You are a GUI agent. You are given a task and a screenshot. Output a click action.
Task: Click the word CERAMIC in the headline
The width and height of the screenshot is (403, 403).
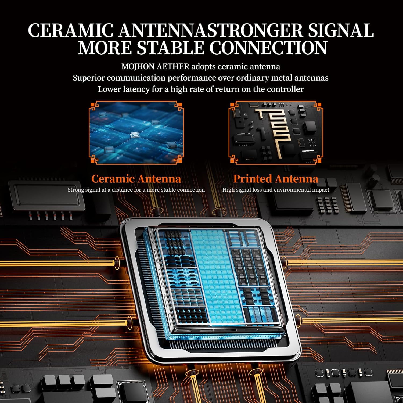71,30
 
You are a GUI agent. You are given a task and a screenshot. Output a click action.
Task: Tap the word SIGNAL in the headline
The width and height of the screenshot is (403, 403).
341,30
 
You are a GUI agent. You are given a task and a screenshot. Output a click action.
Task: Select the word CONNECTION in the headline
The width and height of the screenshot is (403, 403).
268,48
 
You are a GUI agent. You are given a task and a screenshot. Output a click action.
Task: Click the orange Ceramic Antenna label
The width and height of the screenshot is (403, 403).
136,179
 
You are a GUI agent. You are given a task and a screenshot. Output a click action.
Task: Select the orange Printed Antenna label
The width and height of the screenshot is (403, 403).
276,179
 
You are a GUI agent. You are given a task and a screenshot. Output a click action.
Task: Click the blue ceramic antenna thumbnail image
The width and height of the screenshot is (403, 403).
136,133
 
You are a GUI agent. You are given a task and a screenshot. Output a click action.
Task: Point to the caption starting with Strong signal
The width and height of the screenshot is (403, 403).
136,190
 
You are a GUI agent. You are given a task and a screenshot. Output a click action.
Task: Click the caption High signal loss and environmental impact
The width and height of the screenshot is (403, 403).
276,190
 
